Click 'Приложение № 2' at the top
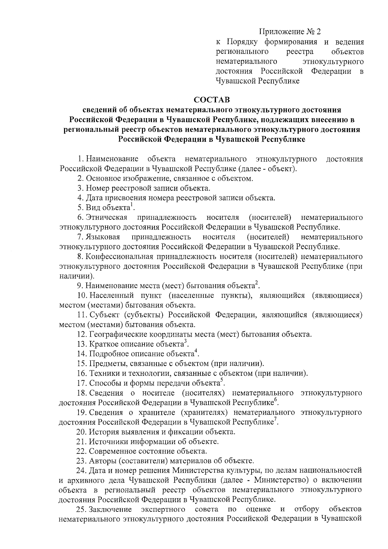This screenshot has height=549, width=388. pos(291,32)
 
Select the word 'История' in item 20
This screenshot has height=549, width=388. pos(102,432)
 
